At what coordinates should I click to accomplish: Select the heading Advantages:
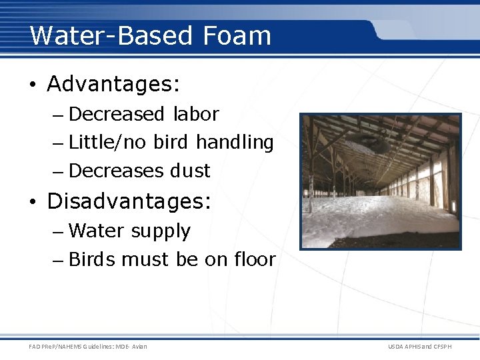(x=114, y=85)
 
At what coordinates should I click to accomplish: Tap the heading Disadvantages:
(x=129, y=201)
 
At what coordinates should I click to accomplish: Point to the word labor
(x=196, y=114)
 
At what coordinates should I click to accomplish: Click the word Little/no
(x=108, y=143)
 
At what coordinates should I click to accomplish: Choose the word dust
(x=190, y=171)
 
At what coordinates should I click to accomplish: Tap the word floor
(x=254, y=259)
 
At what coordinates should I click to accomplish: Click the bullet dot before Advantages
(x=32, y=85)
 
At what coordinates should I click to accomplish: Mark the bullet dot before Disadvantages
(x=32, y=201)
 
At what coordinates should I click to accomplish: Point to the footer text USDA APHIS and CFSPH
(x=419, y=346)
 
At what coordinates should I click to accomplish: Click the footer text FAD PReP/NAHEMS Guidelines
(x=88, y=346)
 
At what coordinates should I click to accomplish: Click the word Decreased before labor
(x=116, y=114)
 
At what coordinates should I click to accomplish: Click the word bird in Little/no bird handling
(x=171, y=143)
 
